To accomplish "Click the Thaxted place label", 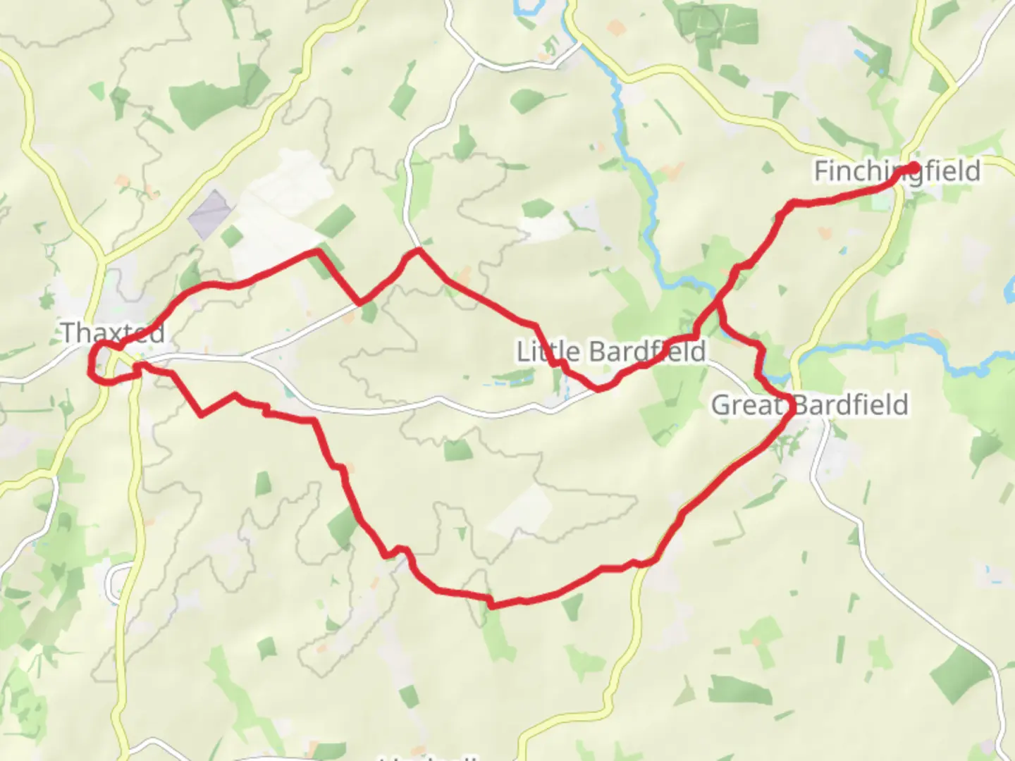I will click(113, 333).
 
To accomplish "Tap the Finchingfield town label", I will click(897, 171).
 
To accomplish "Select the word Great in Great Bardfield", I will click(747, 405).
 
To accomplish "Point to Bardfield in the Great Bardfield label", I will click(851, 405).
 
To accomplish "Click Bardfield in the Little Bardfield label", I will click(647, 351).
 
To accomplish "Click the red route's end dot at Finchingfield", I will click(914, 167).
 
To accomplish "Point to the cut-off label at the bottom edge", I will click(430, 757).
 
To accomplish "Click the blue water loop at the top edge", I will click(525, 8).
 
